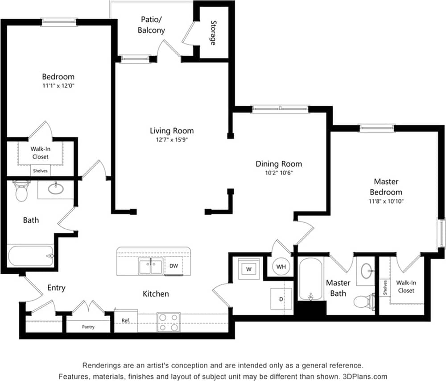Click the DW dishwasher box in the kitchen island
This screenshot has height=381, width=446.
pos(174,266)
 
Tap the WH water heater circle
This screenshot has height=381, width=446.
pos(281,267)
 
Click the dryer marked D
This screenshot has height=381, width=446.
pos(281,299)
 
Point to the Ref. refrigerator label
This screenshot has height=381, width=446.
pos(126,321)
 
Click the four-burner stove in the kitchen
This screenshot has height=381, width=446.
pos(169,322)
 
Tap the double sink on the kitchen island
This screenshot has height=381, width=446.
pos(151,267)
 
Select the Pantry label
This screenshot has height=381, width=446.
pos(88,327)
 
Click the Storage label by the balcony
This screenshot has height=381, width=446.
pos(213,33)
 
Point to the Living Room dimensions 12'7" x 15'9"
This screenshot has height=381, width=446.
pos(172,139)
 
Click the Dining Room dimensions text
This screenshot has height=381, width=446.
pos(278,172)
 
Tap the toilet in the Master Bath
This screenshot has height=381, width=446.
pos(364,301)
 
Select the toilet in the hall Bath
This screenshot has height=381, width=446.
pos(21,191)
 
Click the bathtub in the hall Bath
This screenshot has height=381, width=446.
pos(31,256)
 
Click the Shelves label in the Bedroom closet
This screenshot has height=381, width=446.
pos(40,171)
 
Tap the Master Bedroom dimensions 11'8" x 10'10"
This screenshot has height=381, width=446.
pos(386,201)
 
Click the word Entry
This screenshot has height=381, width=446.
pos(56,288)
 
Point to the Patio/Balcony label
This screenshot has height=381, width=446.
pos(153,25)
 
